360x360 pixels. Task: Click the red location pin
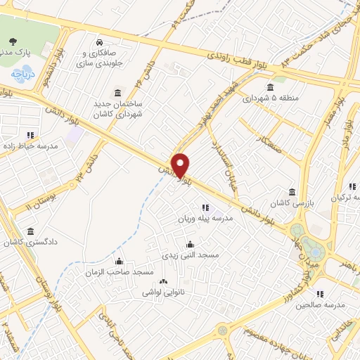181,165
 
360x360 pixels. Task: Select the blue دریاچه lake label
19,72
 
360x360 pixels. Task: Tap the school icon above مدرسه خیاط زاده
30,134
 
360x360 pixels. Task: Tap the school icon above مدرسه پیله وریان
205,207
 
